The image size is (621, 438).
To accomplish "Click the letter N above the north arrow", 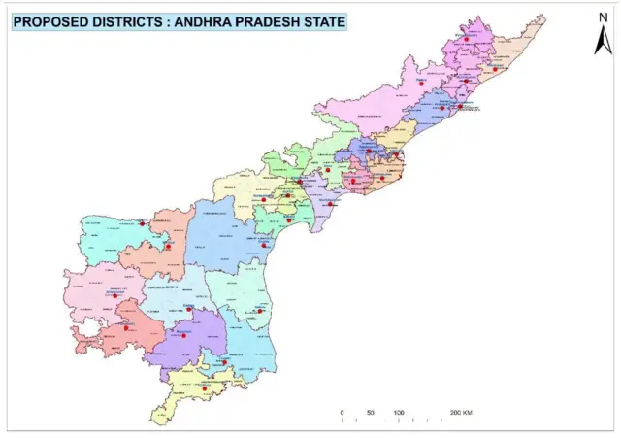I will (603, 17).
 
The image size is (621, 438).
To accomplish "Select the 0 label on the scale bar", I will (342, 413).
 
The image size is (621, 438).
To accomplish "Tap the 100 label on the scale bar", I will (398, 413).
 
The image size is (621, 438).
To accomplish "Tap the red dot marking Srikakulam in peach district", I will (495, 70).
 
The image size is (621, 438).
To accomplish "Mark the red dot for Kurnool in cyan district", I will (143, 224).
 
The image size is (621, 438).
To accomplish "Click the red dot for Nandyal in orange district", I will (168, 247).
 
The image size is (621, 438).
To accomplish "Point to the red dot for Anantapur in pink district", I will (114, 295).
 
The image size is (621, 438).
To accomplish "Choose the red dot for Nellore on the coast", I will (259, 311).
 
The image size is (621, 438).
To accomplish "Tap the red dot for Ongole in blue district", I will (264, 245).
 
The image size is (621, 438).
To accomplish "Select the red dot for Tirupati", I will (224, 362).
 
